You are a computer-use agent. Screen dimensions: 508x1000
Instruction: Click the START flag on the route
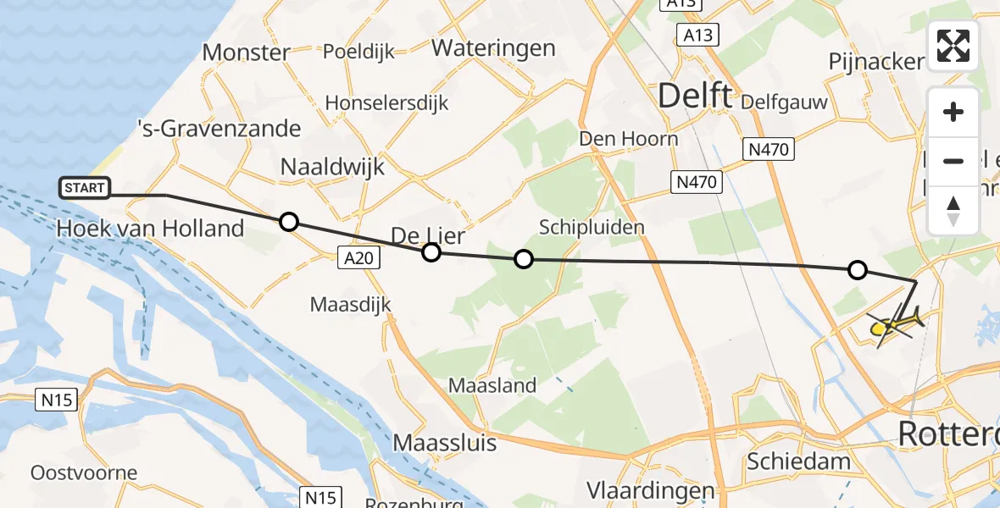click(85, 188)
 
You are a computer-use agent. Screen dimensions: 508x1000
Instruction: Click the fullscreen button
click(953, 46)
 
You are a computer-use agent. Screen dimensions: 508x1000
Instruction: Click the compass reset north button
click(953, 210)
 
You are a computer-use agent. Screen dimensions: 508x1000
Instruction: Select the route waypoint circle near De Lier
click(431, 251)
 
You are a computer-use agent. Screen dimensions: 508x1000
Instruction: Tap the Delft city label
click(695, 97)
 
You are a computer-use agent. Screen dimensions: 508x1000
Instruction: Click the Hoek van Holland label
click(150, 228)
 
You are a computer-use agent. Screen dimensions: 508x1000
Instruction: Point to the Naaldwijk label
click(332, 166)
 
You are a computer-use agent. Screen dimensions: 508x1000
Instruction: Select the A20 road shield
click(359, 259)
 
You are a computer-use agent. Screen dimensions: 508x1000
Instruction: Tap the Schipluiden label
click(592, 227)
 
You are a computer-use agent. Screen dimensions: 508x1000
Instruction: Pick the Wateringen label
click(493, 48)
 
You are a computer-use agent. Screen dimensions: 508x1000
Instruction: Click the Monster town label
click(247, 52)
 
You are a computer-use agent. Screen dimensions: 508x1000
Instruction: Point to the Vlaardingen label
click(652, 492)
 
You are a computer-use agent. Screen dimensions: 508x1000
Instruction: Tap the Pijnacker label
click(877, 62)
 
